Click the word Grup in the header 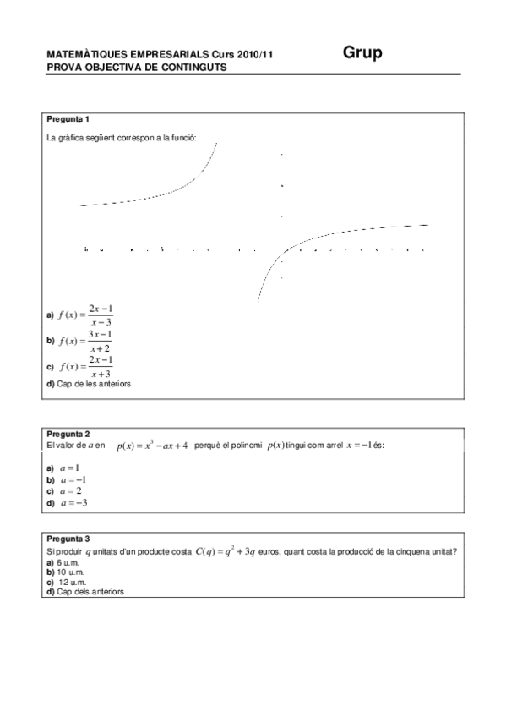(x=362, y=53)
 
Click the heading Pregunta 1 (x=69, y=119)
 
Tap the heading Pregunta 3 (x=69, y=539)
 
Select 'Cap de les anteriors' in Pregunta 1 (x=93, y=384)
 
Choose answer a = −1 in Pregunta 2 (x=73, y=479)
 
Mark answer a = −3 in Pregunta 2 (x=73, y=502)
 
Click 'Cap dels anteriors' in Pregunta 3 (x=90, y=592)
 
